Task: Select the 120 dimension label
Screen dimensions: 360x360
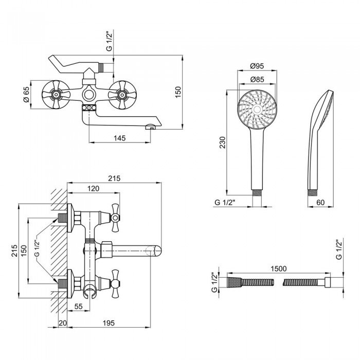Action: tap(93, 189)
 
